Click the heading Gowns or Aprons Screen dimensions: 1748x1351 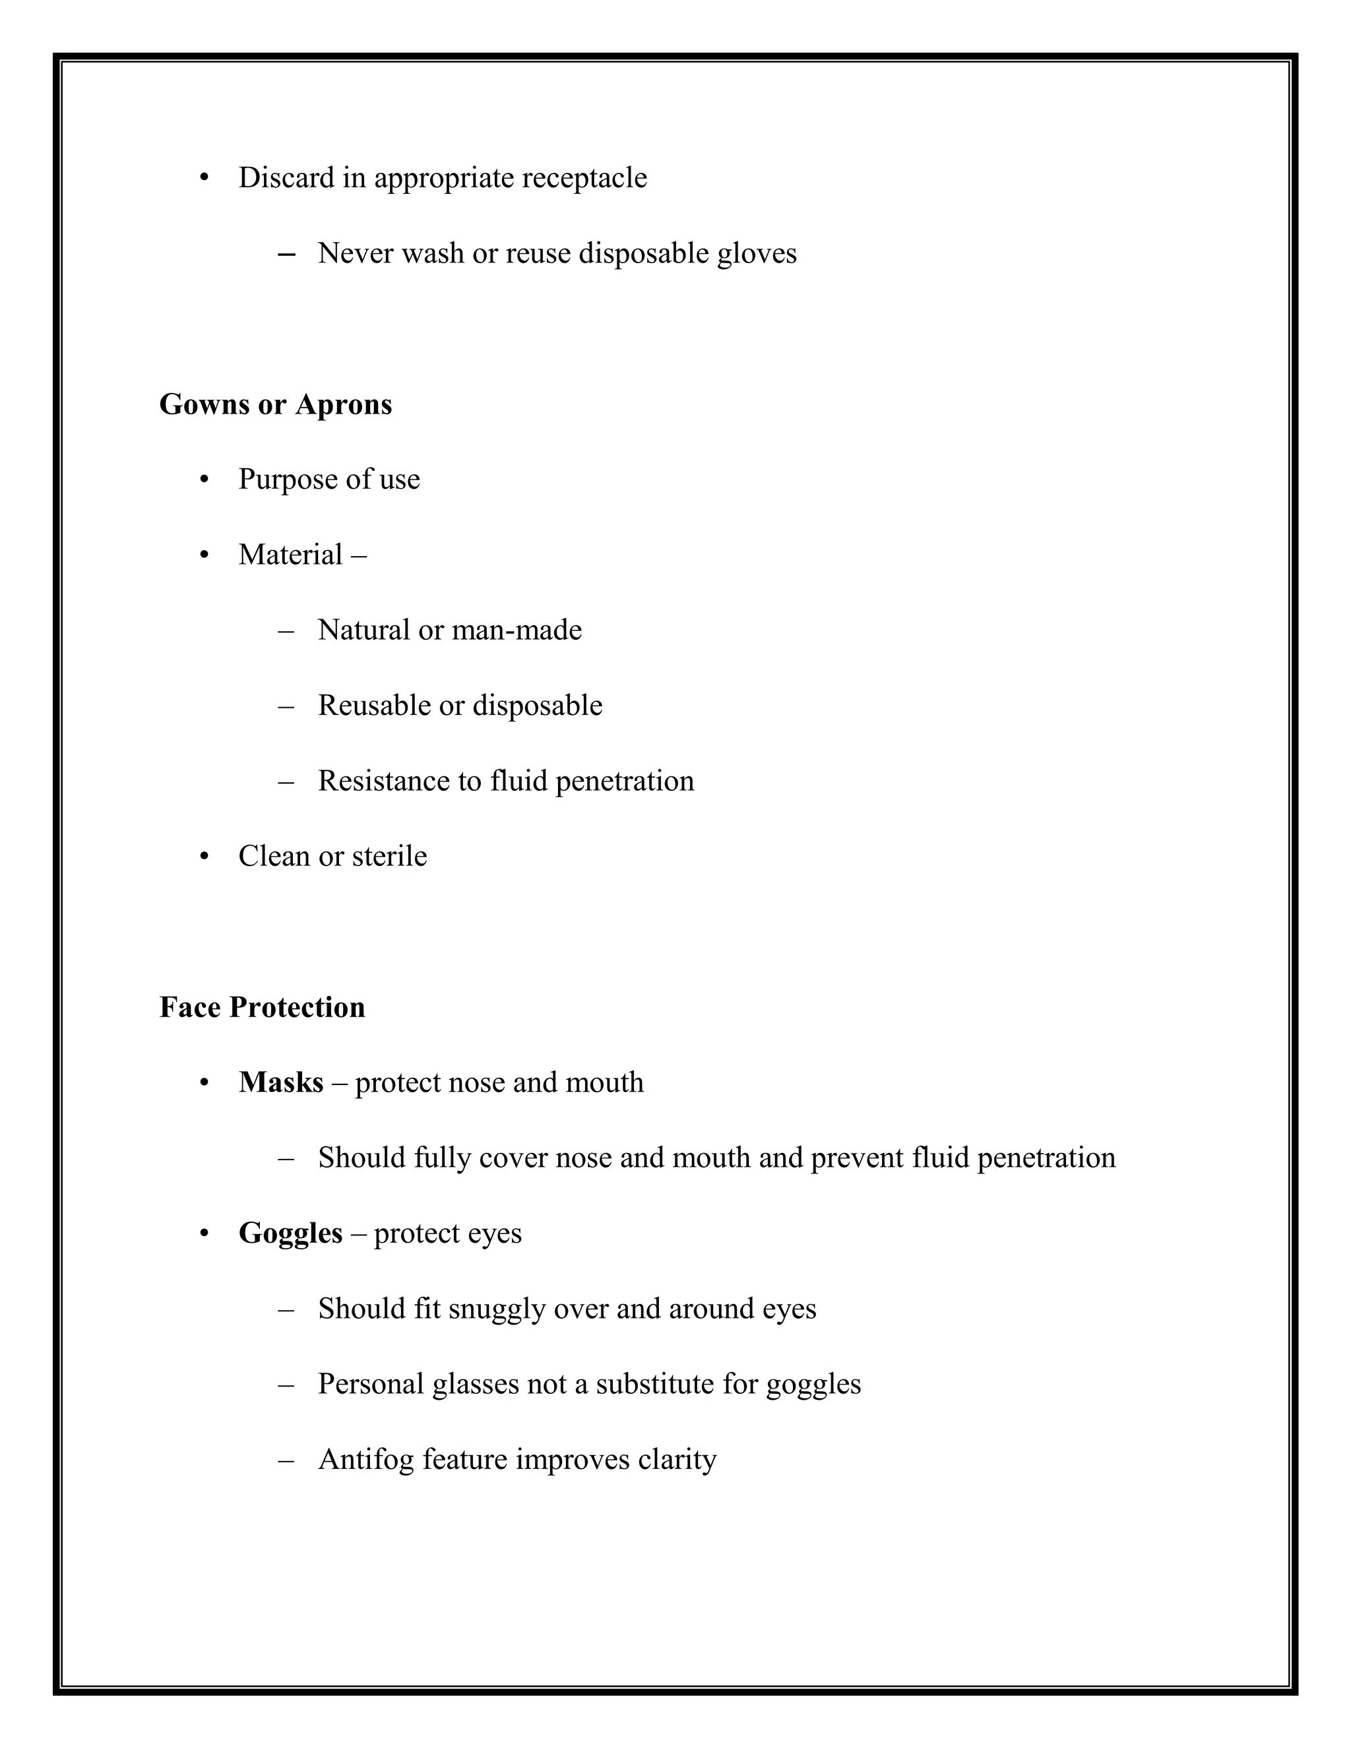[275, 404]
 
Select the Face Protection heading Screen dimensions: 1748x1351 [262, 1007]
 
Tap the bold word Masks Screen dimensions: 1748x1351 [281, 1082]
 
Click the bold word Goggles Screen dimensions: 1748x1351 [290, 1233]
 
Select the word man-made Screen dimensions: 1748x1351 [517, 630]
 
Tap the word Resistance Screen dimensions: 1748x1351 [383, 780]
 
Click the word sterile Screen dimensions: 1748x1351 [389, 856]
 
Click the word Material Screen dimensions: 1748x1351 [290, 555]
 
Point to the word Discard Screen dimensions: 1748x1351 [286, 177]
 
